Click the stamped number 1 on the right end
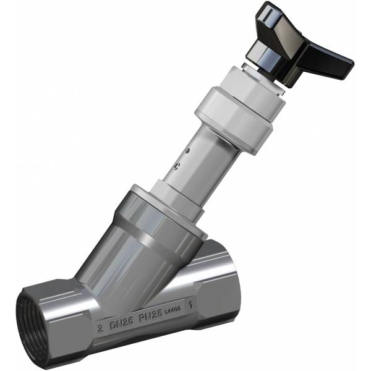tap(197, 304)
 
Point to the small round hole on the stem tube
tap(188, 150)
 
